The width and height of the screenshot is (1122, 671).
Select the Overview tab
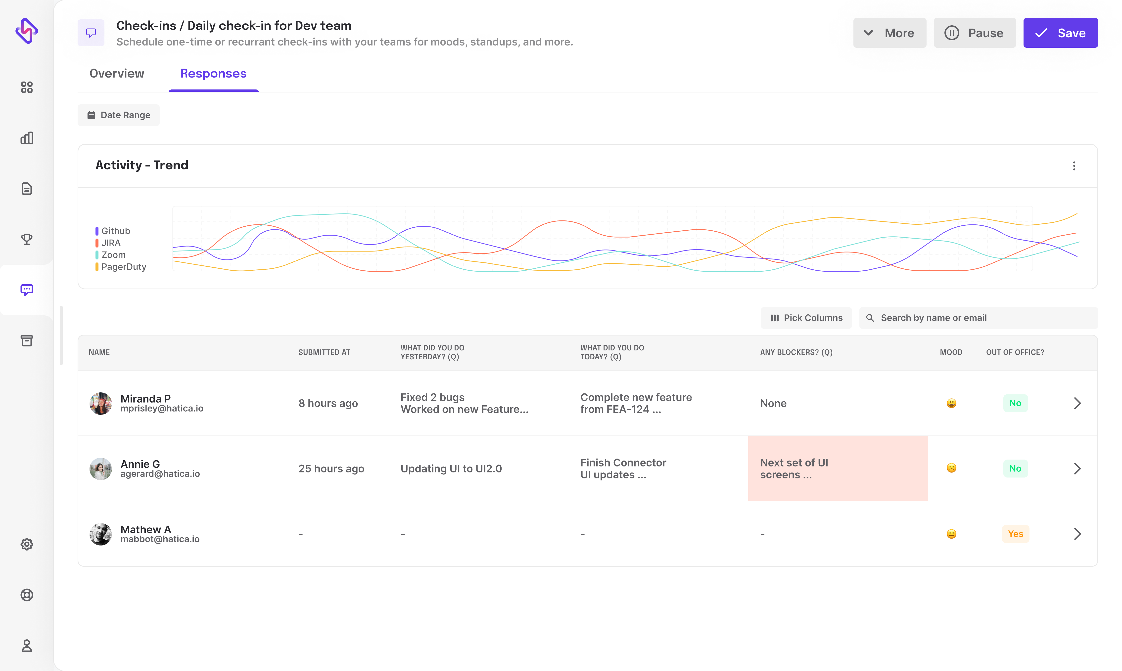[117, 74]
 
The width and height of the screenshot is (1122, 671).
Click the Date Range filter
[119, 115]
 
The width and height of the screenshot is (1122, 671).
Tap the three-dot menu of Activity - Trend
[1074, 166]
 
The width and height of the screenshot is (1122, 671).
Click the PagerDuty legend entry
[123, 267]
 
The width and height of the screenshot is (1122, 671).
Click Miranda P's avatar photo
[100, 403]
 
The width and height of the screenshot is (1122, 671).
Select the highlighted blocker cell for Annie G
[838, 468]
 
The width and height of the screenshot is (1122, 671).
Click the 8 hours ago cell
[328, 403]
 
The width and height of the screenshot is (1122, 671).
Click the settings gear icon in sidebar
[27, 545]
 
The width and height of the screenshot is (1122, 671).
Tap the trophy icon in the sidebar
[27, 239]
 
